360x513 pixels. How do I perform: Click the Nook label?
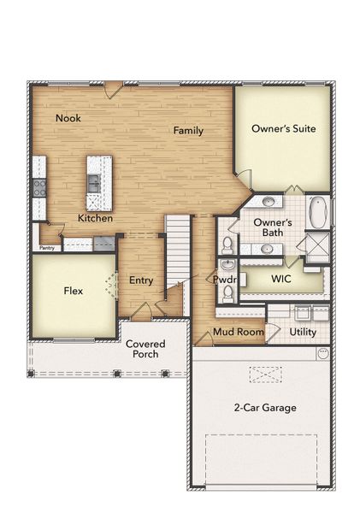point(68,118)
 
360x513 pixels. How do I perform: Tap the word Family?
point(188,130)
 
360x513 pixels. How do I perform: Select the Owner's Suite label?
point(284,129)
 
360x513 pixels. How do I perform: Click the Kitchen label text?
point(96,218)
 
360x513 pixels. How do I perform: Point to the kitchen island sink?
point(93,182)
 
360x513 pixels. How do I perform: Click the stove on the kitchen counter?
point(38,186)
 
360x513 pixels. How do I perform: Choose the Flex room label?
point(74,291)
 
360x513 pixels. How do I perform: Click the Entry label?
point(141,280)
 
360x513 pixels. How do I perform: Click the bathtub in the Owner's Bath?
point(317,212)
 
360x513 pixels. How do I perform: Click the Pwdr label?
point(225,280)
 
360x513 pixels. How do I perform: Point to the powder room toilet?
point(227,294)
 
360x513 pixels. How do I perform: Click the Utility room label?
point(303,331)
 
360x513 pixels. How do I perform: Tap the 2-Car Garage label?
point(265,407)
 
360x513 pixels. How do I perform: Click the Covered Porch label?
point(145,349)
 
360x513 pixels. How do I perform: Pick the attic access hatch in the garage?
point(265,374)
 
